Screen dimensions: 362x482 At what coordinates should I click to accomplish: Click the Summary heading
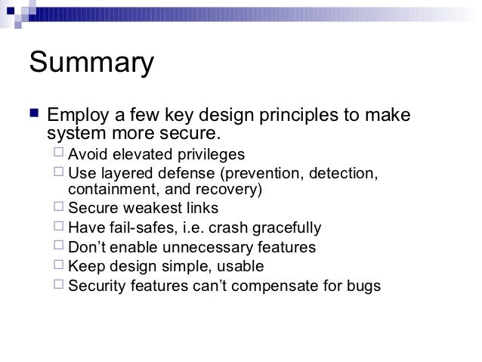(91, 63)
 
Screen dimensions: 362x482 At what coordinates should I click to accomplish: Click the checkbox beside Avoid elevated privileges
(60, 154)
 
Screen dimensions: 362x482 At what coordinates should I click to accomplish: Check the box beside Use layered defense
(60, 174)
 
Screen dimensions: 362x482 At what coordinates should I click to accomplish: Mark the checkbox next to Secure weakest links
(60, 208)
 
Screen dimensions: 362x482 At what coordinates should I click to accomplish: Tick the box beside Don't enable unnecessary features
(60, 246)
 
